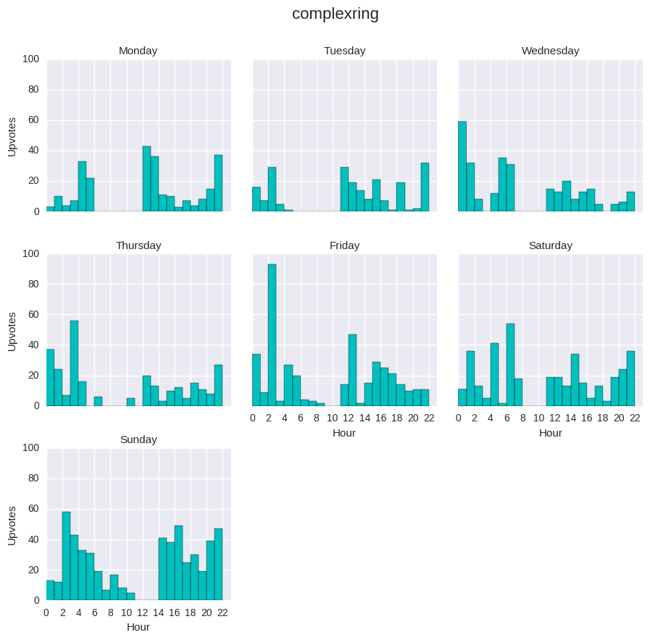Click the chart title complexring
coord(335,14)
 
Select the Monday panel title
coord(138,51)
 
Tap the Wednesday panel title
coord(550,51)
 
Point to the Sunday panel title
coord(138,439)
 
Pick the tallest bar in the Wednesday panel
coord(462,167)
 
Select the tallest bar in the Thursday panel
coord(74,363)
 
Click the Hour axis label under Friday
coord(344,433)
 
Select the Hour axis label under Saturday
coord(550,433)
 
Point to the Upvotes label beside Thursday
coord(12,331)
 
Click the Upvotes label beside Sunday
coord(12,525)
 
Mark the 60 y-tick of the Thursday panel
coord(32,314)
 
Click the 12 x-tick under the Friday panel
coord(349,418)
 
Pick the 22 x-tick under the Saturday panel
coord(635,418)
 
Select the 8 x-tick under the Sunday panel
coord(110,612)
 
